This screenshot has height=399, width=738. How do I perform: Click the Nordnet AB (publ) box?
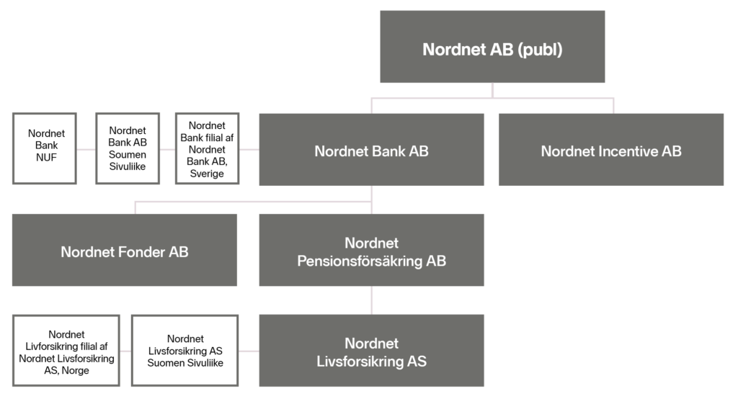[x=492, y=48]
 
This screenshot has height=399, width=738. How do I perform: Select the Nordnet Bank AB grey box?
[x=371, y=151]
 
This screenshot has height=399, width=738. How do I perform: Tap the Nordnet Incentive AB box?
[x=611, y=151]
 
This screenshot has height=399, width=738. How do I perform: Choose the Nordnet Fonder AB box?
[x=125, y=251]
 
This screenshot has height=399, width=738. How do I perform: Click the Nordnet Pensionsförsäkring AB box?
[x=371, y=251]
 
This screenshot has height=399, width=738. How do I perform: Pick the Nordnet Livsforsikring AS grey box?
[x=371, y=351]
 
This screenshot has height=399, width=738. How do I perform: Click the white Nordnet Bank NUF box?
[x=45, y=148]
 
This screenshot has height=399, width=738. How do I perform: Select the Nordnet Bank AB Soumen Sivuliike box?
[x=127, y=148]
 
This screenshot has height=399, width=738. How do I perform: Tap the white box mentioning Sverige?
[x=207, y=148]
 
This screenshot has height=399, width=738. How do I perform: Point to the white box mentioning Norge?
[x=66, y=351]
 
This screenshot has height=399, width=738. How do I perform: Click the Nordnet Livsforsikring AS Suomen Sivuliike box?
[x=184, y=351]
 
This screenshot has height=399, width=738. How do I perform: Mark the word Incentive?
[x=621, y=151]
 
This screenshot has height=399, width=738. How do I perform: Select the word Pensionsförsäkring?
[x=359, y=261]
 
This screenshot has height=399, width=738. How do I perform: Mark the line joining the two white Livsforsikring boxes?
[x=125, y=351]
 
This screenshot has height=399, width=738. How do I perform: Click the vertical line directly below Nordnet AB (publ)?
[x=493, y=89]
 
